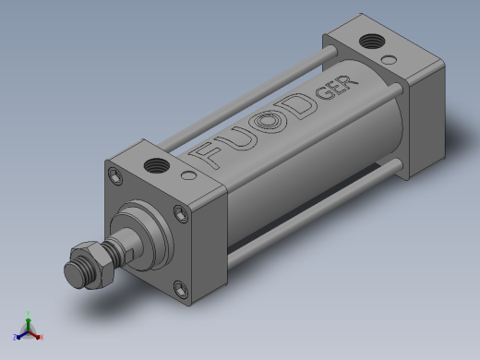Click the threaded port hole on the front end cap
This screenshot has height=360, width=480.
coord(157,166)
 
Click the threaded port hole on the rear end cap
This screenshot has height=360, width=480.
coord(372,42)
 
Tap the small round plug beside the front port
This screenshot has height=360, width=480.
coord(188,175)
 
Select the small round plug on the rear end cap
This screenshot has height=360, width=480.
coord(389,59)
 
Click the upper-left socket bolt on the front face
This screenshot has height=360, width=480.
coord(115,176)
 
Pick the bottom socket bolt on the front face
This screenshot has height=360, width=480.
coord(181,289)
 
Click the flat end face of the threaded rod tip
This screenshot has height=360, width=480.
coord(74,275)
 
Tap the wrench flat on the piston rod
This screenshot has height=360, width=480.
coord(129,255)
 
